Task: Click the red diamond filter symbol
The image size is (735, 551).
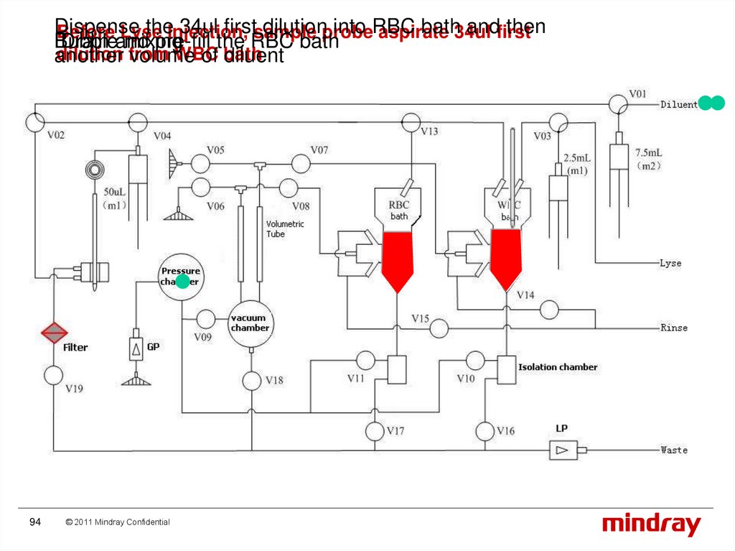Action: [x=54, y=333]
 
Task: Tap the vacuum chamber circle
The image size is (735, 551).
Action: [x=251, y=323]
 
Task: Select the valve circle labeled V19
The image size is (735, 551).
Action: [x=54, y=375]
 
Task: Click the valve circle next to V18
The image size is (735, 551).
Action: [x=251, y=380]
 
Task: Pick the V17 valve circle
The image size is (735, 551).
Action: [x=375, y=431]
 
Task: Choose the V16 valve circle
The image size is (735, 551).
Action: [x=486, y=431]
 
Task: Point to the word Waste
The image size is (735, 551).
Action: [x=674, y=450]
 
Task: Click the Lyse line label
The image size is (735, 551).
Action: [x=670, y=263]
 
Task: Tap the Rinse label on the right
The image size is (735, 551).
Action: [x=674, y=328]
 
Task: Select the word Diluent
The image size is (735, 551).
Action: [x=678, y=105]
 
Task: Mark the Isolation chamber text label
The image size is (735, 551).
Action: [x=558, y=367]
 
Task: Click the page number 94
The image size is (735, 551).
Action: [x=35, y=522]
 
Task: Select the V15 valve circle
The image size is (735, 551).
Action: [x=439, y=328]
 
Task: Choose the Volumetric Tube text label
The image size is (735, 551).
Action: [x=285, y=228]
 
